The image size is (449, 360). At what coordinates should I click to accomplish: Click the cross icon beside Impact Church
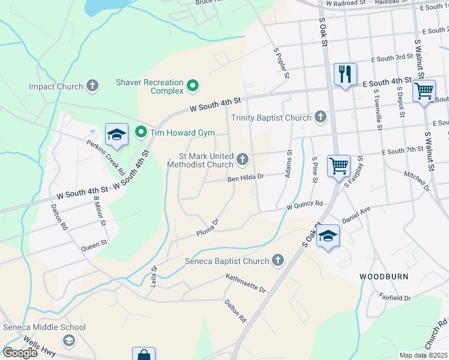(92, 86)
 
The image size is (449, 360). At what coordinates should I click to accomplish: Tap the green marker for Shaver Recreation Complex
(193, 86)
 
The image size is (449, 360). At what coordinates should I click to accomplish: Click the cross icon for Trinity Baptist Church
(321, 117)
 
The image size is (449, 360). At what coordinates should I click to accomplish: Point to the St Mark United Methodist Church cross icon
(243, 159)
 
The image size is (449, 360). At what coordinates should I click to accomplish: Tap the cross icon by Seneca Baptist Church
(277, 260)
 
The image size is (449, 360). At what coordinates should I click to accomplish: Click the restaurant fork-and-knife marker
(345, 74)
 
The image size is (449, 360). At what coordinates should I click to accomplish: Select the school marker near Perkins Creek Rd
(117, 135)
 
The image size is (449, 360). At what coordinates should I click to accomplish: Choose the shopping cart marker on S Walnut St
(424, 91)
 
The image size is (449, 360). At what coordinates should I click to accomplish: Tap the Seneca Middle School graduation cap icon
(69, 340)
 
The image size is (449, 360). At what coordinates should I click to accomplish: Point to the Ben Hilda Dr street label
(246, 178)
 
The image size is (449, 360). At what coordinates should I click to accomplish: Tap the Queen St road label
(94, 244)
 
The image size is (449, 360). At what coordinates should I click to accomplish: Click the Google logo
(20, 353)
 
